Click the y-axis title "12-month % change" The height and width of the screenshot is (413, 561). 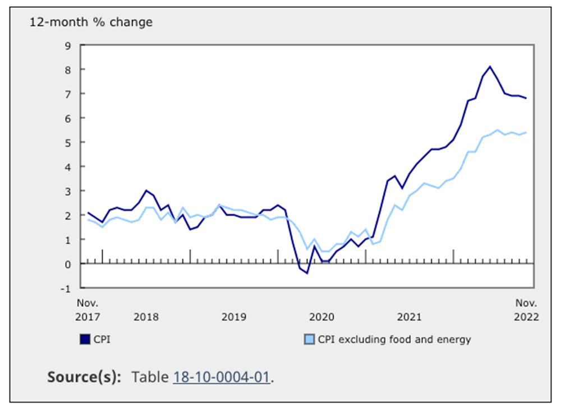(91, 22)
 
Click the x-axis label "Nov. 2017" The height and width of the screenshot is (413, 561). (88, 310)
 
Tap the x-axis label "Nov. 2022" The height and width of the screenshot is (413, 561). (527, 310)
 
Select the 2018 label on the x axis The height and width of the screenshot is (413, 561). (146, 317)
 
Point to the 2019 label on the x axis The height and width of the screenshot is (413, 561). (234, 317)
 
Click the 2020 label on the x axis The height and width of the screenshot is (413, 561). (322, 317)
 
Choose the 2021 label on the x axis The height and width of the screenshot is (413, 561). (410, 317)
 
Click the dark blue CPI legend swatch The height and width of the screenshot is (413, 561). (85, 339)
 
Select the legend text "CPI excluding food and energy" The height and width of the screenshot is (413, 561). (394, 339)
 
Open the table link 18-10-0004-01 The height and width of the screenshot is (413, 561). (222, 377)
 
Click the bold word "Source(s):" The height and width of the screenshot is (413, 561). (84, 377)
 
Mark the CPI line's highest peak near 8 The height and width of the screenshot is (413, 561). (490, 67)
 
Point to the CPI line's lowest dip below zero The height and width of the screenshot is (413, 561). (307, 273)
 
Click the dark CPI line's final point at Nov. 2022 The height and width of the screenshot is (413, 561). (526, 99)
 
